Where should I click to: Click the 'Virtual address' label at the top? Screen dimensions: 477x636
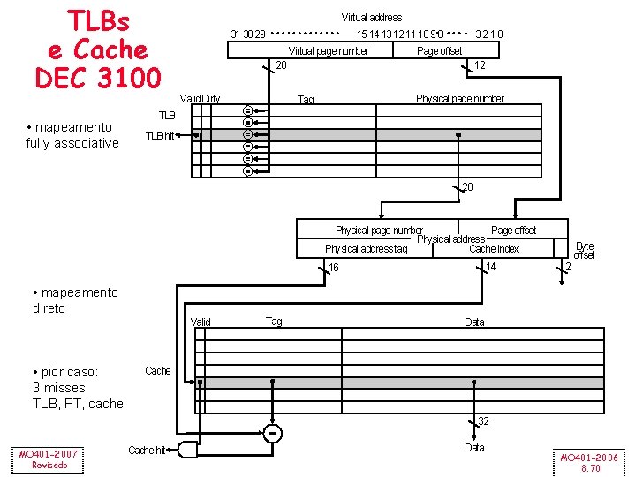point(371,17)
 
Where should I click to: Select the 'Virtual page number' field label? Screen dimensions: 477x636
point(328,50)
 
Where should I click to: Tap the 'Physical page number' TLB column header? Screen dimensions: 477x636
point(459,98)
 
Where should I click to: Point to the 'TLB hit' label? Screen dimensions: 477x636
point(160,135)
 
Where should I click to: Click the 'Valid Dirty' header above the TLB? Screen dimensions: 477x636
point(200,98)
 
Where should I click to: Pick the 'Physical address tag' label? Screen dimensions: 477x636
point(366,249)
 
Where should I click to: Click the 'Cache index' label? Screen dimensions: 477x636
point(494,249)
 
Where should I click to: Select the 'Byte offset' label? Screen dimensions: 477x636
point(584,250)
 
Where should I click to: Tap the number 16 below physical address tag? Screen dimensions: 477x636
point(333,267)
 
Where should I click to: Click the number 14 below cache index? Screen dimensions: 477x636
point(491,266)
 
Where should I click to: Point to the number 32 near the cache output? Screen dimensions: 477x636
point(483,421)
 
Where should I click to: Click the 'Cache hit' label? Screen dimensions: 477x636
point(147,450)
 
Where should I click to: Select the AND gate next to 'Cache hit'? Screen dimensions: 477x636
point(188,449)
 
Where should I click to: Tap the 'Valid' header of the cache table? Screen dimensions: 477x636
point(201,322)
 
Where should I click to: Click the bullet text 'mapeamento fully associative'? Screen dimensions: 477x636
point(72,135)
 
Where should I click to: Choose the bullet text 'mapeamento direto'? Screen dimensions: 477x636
point(74,300)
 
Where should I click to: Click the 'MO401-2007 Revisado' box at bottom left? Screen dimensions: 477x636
point(49,459)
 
